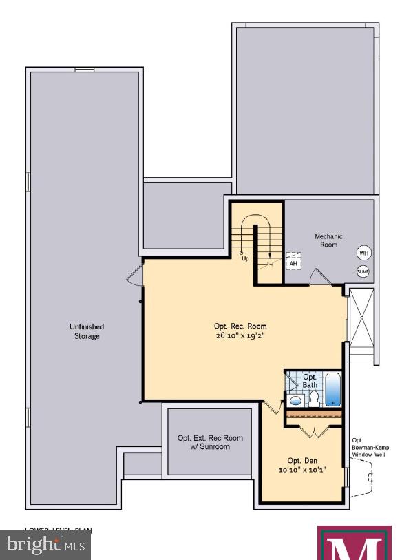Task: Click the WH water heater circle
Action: (x=363, y=253)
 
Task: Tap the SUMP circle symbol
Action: (x=363, y=271)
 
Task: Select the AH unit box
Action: (x=293, y=263)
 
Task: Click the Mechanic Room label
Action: (x=328, y=240)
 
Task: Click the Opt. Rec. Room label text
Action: (x=239, y=326)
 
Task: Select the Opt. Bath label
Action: (x=310, y=381)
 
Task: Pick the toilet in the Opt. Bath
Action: (x=311, y=400)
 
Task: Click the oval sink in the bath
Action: (x=295, y=400)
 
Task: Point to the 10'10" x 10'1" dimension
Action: (x=302, y=470)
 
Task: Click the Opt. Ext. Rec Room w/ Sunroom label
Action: (x=210, y=442)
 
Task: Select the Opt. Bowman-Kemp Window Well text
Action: (x=366, y=448)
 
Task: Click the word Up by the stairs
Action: (x=244, y=259)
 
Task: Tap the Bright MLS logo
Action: (x=45, y=546)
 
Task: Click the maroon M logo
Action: (x=354, y=543)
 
